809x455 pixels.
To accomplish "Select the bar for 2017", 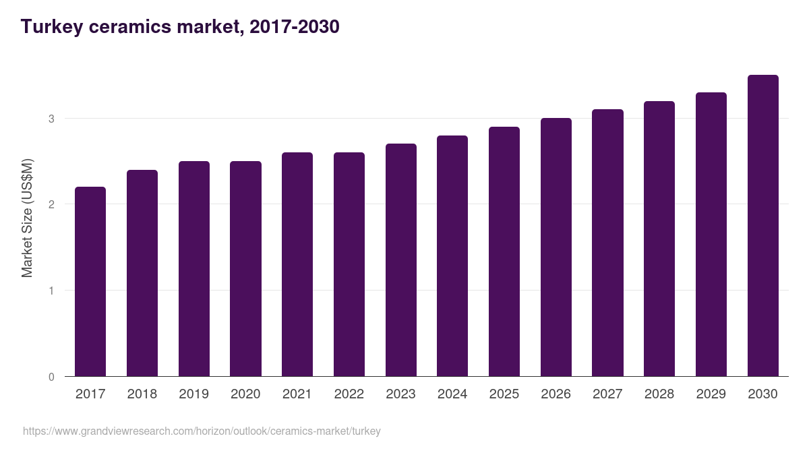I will (90, 282).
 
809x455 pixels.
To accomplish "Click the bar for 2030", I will (762, 226).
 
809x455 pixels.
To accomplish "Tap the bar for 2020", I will (245, 269).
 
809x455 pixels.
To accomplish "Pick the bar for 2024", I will (452, 256).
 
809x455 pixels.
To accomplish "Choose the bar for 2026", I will (556, 247).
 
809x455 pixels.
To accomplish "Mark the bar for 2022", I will (349, 264).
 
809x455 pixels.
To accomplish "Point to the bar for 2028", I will (659, 239).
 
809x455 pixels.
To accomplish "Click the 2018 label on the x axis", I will (142, 394).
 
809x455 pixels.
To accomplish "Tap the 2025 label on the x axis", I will (504, 394).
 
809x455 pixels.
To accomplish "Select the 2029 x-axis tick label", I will (711, 394).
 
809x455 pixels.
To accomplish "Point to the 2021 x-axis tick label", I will (297, 394).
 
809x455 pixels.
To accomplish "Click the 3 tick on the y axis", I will (51, 119).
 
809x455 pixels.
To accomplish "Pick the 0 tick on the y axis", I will (51, 377).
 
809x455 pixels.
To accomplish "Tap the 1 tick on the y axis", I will (51, 291).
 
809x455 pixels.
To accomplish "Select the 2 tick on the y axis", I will (51, 204).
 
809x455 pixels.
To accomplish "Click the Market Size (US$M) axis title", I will (27, 218).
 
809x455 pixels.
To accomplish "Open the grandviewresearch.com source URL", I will (202, 431).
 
